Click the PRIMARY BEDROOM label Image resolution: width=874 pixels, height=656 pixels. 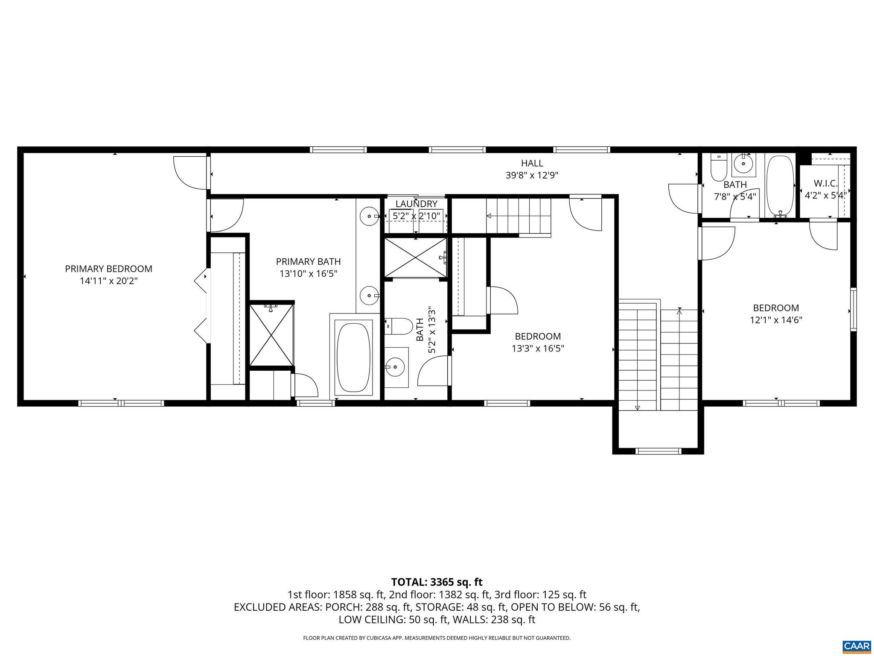click(x=108, y=269)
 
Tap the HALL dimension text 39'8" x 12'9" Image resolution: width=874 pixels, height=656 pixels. click(x=532, y=175)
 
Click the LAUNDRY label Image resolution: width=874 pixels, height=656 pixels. click(x=416, y=204)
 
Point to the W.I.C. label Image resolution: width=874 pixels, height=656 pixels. click(x=826, y=184)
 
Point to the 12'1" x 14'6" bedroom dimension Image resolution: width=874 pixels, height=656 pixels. click(x=776, y=320)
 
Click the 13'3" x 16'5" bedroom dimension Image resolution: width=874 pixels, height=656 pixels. click(x=538, y=348)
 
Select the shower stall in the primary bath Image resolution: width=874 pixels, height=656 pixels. click(x=271, y=334)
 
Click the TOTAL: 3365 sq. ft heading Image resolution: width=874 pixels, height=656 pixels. click(x=437, y=582)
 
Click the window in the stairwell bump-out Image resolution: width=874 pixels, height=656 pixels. click(x=658, y=451)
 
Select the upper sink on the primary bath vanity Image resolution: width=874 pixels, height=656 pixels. click(x=369, y=217)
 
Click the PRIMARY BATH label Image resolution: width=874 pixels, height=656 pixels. click(x=308, y=261)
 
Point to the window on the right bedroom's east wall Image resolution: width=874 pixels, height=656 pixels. click(x=853, y=309)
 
